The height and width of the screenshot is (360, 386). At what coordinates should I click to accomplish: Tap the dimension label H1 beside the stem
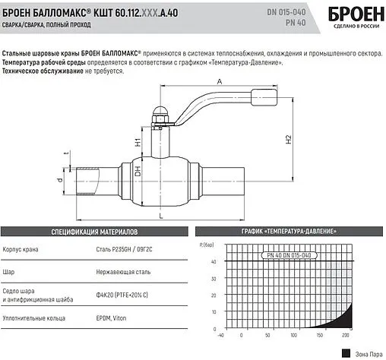click(137, 141)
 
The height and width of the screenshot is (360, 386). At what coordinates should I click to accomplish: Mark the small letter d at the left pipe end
click(60, 181)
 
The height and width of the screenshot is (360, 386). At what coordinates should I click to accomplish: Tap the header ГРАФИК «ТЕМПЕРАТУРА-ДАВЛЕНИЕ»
click(289, 230)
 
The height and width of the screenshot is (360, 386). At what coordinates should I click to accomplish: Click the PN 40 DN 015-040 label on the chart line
click(288, 256)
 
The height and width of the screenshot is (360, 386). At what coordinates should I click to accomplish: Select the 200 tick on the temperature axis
click(346, 335)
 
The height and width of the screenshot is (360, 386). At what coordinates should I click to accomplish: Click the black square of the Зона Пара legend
click(346, 352)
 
